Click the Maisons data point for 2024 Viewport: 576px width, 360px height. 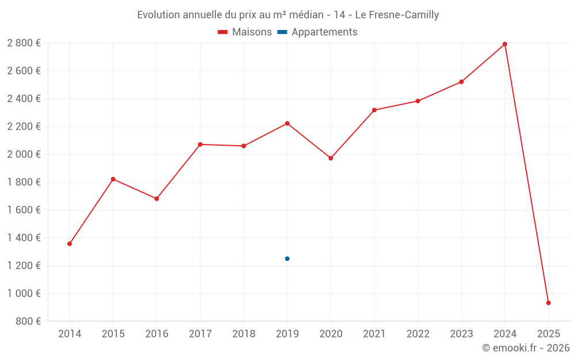[505, 44]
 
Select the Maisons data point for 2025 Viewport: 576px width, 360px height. [548, 303]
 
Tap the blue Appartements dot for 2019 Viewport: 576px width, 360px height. [287, 259]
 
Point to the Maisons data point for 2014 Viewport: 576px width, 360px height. [70, 244]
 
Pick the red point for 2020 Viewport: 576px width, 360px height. [331, 158]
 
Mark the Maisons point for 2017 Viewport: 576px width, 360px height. [200, 145]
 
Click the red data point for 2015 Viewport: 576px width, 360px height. [113, 179]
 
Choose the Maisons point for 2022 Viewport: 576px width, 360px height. [418, 101]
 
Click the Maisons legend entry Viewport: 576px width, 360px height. [245, 32]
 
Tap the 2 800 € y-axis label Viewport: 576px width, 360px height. [24, 43]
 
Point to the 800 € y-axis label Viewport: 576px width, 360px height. [28, 321]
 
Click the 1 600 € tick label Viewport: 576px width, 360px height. [24, 210]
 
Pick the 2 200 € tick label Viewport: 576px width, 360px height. [24, 127]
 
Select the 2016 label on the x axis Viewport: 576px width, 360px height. [157, 334]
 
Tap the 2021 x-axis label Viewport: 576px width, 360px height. [374, 334]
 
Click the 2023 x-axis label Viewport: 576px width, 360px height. [461, 334]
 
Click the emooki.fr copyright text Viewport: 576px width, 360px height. [525, 348]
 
